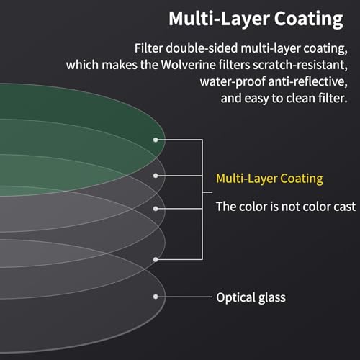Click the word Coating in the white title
click(x=309, y=19)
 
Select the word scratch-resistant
click(x=300, y=66)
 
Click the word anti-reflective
click(x=308, y=81)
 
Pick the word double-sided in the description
click(x=202, y=48)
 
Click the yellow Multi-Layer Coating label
click(x=269, y=179)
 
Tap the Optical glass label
click(x=251, y=297)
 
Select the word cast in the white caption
click(x=345, y=207)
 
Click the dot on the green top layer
click(x=156, y=140)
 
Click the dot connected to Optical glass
click(x=156, y=297)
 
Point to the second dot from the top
click(x=156, y=176)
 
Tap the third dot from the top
click(x=156, y=209)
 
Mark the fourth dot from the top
click(x=156, y=259)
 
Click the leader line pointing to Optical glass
click(x=185, y=297)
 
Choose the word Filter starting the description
click(x=148, y=48)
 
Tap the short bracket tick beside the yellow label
click(x=207, y=192)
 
